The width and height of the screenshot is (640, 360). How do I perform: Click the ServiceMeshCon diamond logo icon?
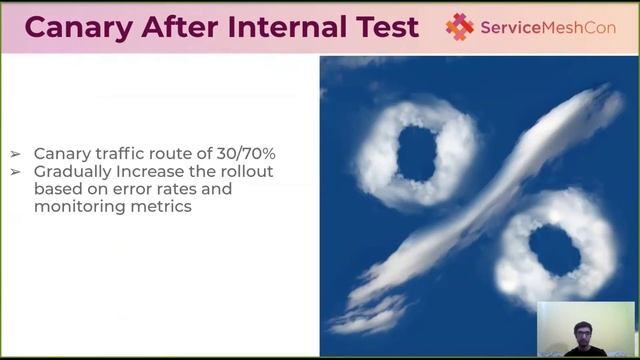point(460,27)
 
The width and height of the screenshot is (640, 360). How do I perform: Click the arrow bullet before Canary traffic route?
point(15,154)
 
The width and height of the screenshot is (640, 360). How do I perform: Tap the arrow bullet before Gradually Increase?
point(15,172)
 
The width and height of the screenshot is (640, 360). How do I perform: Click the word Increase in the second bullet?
point(147,172)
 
